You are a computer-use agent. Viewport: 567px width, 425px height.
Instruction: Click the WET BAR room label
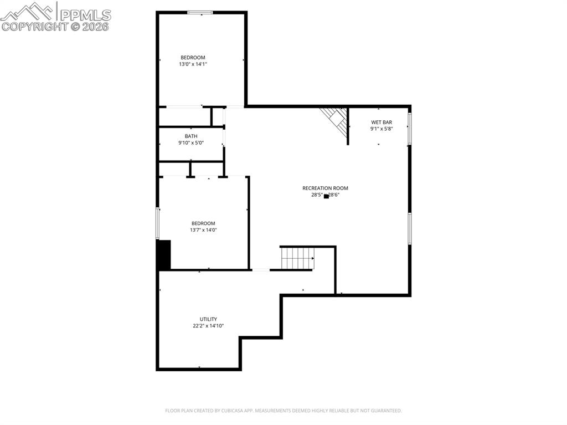(x=382, y=122)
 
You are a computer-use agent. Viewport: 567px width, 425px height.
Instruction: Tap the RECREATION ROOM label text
(x=325, y=188)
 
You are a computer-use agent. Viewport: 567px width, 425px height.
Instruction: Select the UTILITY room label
(x=208, y=319)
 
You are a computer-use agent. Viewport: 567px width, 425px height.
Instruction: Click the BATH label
(x=191, y=136)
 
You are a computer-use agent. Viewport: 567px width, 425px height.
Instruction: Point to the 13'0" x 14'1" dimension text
(x=193, y=64)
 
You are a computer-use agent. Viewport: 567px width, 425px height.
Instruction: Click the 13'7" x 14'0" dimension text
(x=203, y=230)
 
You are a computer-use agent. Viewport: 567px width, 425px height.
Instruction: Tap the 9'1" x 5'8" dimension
(x=382, y=129)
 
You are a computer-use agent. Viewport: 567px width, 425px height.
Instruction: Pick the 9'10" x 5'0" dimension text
(x=191, y=143)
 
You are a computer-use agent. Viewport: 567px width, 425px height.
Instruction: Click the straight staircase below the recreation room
(x=297, y=258)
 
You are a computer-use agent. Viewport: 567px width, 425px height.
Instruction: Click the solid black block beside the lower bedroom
(x=164, y=255)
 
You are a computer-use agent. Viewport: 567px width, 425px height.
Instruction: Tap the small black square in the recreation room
(x=326, y=196)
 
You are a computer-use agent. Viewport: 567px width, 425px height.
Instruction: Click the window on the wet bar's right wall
(x=410, y=129)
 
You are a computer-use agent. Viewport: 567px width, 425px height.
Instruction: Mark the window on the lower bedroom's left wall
(x=158, y=223)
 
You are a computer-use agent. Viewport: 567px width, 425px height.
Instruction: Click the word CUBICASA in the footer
(x=230, y=411)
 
